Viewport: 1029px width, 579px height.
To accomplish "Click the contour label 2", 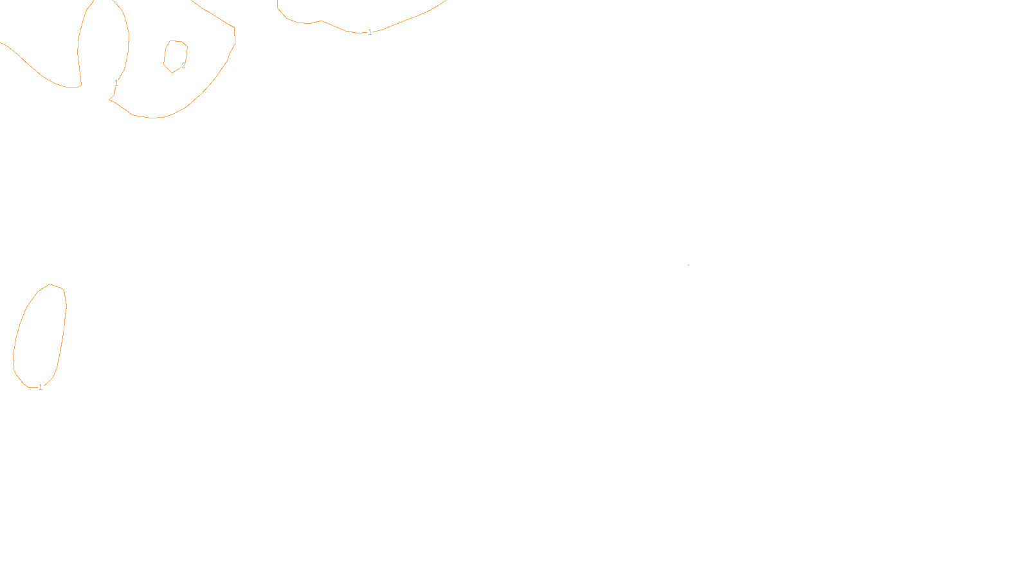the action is click(183, 66).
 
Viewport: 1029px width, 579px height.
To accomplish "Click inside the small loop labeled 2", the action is click(175, 55).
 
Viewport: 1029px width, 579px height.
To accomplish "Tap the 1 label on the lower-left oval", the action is click(41, 387).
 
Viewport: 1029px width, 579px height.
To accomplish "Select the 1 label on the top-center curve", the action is click(370, 32).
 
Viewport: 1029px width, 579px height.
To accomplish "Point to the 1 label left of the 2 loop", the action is click(116, 83).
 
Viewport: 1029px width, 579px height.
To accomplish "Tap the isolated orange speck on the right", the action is click(689, 264).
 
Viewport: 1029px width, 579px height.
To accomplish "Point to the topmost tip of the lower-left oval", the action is click(50, 284).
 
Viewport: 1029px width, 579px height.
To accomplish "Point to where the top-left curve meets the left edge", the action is click(1, 43).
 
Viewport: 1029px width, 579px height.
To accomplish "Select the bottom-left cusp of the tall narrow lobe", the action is click(80, 86).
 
